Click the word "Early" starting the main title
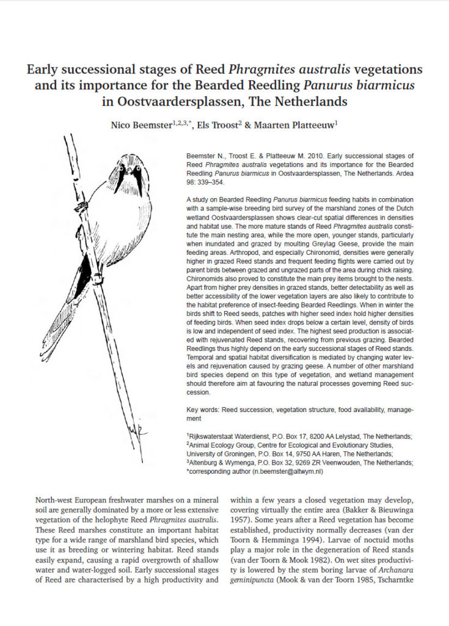pos(43,69)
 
